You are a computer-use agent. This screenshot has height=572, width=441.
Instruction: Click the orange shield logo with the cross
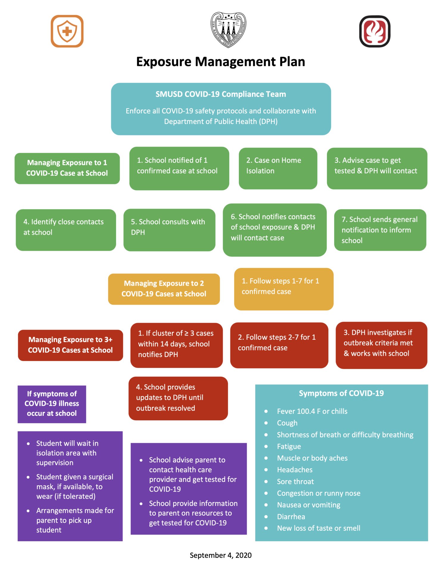coord(67,31)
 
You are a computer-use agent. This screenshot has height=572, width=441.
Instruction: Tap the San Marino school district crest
coord(228,30)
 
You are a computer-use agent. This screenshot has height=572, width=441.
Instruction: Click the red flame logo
coord(375,31)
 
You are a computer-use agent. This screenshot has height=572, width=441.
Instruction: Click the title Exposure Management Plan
coord(220,62)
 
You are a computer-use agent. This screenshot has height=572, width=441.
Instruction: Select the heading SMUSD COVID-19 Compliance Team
coord(221,94)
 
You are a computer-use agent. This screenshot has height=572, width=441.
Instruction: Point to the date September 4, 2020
coord(221,555)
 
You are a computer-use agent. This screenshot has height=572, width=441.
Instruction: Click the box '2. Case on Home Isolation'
coord(278,168)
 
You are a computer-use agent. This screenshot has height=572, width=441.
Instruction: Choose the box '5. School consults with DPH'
coord(169,230)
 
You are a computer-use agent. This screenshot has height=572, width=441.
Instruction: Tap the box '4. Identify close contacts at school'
coord(66,230)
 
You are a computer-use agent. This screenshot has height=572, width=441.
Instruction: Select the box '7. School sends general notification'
coord(380,230)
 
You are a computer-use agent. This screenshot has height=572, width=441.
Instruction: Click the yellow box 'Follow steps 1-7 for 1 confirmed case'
coord(283,289)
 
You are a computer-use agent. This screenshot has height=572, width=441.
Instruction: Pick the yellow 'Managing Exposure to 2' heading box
coord(164,289)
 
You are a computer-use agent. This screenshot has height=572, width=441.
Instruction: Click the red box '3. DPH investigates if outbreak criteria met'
coord(381,345)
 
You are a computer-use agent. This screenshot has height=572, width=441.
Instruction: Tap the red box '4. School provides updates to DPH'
coord(178,398)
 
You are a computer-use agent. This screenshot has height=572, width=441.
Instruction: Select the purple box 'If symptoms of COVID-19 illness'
coord(52,404)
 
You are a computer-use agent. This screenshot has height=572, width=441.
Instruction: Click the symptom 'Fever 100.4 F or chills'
coord(312,411)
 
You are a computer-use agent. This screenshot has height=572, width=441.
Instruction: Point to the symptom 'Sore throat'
coord(295,482)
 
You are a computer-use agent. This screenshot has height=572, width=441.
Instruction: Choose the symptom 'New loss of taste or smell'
coord(319,528)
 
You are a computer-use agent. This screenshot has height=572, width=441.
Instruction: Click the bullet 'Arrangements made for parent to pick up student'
coord(75,520)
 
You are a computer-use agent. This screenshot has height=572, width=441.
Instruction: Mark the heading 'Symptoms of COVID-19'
coord(341,393)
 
